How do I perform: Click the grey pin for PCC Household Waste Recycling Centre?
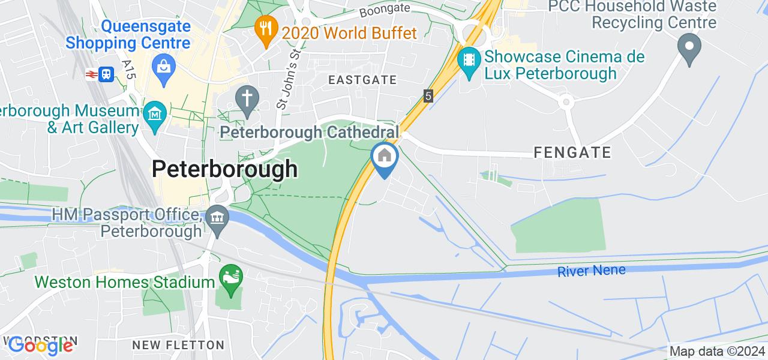tap(689, 46)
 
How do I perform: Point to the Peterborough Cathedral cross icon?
tap(246, 97)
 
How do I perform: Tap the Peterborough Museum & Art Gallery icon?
tap(154, 113)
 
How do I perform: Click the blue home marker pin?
tap(384, 157)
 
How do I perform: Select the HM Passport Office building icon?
tap(217, 217)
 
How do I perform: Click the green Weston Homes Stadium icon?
tap(229, 277)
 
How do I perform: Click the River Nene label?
tap(591, 271)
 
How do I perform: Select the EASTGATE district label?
tap(362, 80)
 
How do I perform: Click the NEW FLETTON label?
tap(178, 345)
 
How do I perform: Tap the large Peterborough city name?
tap(224, 169)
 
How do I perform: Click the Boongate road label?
tap(384, 10)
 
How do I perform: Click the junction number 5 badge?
tap(428, 95)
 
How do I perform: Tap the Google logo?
tap(40, 345)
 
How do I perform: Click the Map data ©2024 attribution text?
tap(718, 352)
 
